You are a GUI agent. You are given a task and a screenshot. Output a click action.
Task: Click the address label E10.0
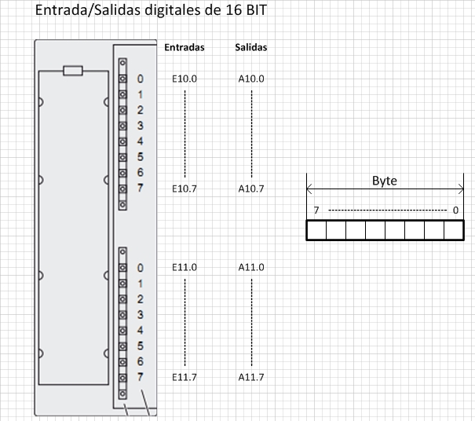pyautogui.click(x=185, y=79)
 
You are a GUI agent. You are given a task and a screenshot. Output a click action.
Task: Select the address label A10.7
pyautogui.click(x=251, y=189)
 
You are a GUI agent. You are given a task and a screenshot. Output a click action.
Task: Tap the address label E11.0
pyautogui.click(x=185, y=267)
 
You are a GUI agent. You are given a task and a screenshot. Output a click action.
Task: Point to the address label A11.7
pyautogui.click(x=251, y=377)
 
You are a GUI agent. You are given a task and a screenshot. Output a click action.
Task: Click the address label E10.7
pyautogui.click(x=185, y=189)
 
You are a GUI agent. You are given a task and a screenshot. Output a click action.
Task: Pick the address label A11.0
pyautogui.click(x=251, y=267)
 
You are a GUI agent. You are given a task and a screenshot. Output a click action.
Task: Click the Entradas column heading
pyautogui.click(x=185, y=47)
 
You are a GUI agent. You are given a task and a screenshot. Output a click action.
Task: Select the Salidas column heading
pyautogui.click(x=251, y=47)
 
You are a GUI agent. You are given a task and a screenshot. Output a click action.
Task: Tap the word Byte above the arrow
pyautogui.click(x=385, y=181)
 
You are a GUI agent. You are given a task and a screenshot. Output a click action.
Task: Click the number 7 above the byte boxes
pyautogui.click(x=316, y=210)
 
